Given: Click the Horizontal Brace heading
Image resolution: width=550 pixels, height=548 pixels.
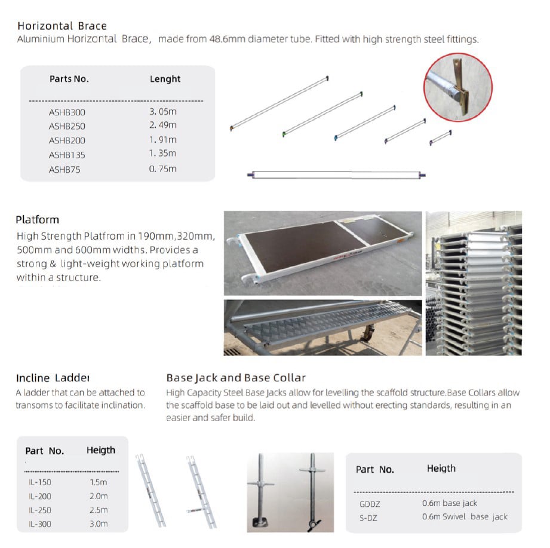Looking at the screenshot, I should pyautogui.click(x=62, y=26).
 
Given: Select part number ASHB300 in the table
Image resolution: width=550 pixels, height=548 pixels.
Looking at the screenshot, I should pyautogui.click(x=67, y=112).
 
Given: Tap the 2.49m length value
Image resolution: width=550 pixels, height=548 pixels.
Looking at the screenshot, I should pyautogui.click(x=163, y=125).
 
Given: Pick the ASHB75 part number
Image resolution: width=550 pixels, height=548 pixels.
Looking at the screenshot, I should pyautogui.click(x=64, y=170).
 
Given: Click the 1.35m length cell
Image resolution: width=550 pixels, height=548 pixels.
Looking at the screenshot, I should pyautogui.click(x=163, y=154).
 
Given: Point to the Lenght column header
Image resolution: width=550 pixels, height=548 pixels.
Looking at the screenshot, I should pyautogui.click(x=165, y=79).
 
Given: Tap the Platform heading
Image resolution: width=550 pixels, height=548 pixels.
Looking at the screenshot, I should pyautogui.click(x=38, y=219).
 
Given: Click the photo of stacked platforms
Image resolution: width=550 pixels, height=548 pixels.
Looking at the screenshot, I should pyautogui.click(x=473, y=283).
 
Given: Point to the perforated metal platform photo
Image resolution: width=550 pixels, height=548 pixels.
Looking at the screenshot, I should pyautogui.click(x=322, y=327).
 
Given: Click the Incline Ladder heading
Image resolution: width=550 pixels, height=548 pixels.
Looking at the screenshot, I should pyautogui.click(x=53, y=378).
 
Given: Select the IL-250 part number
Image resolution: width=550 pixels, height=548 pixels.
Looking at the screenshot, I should pyautogui.click(x=40, y=510).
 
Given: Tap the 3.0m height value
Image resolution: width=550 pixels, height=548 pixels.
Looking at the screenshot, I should pyautogui.click(x=99, y=524).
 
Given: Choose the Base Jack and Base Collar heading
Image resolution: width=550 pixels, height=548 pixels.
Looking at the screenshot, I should pyautogui.click(x=236, y=378).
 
